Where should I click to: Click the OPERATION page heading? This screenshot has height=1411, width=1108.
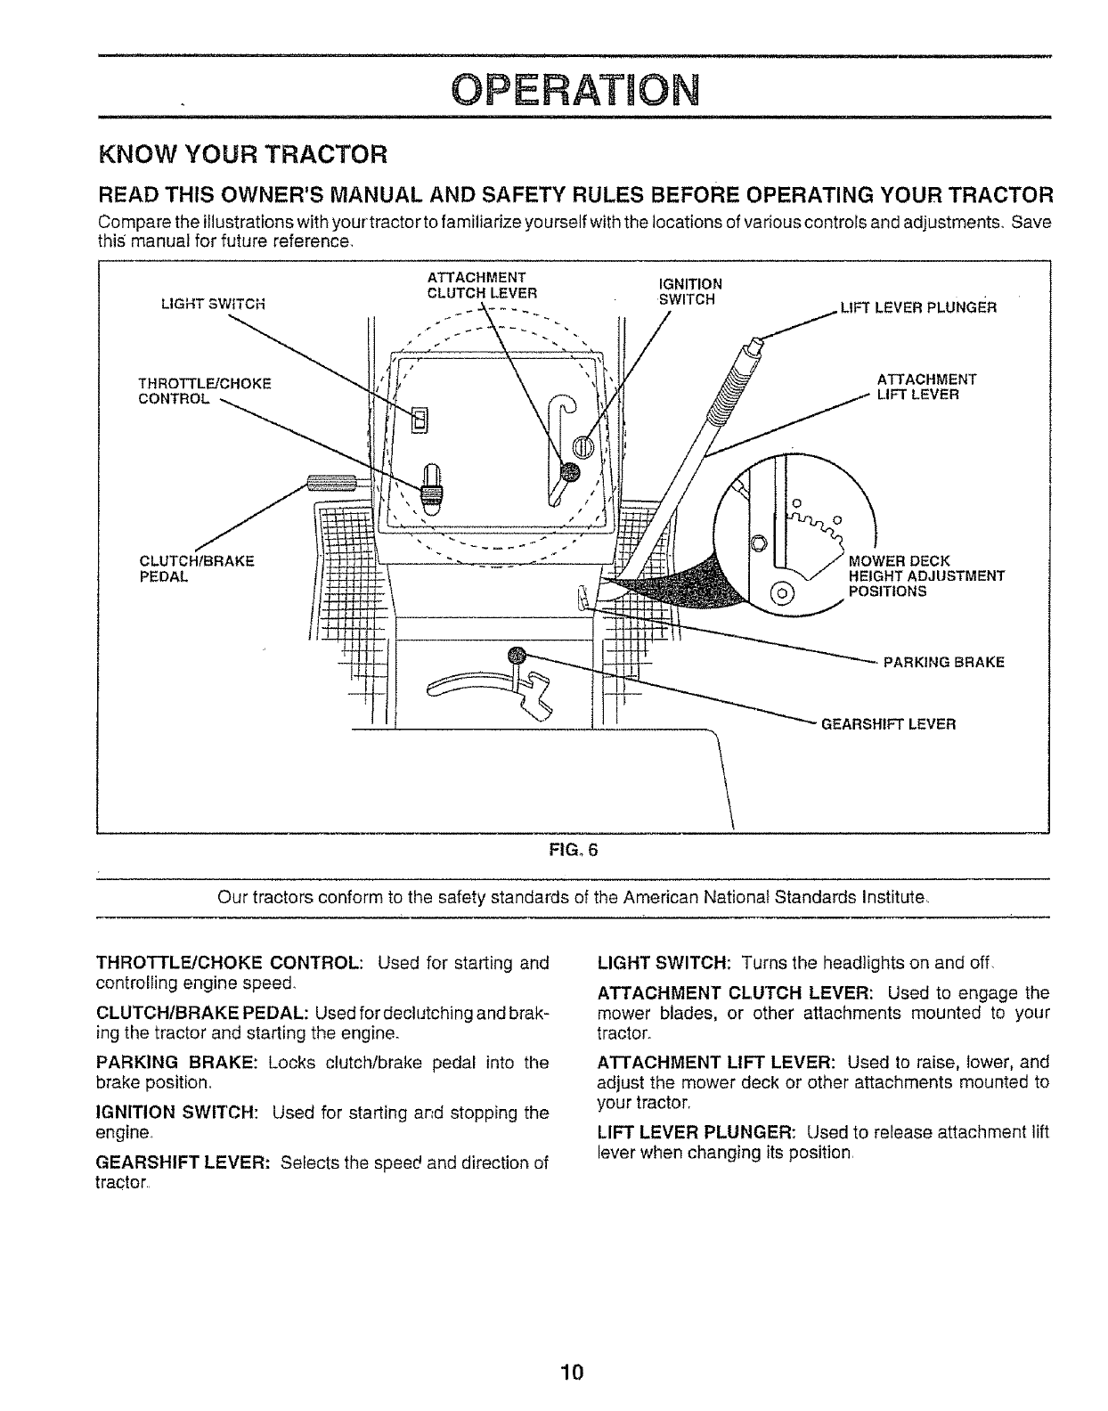click(x=574, y=89)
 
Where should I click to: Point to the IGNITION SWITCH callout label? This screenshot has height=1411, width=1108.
click(x=689, y=291)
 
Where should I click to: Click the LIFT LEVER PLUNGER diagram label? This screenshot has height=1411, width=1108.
click(x=917, y=308)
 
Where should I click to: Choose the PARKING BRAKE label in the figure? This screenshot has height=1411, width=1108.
click(x=943, y=662)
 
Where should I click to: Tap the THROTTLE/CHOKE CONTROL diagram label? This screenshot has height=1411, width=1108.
click(x=204, y=391)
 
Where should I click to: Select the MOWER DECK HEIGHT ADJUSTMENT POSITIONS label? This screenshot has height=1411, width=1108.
click(x=926, y=575)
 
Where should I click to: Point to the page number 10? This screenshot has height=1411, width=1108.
click(x=571, y=1371)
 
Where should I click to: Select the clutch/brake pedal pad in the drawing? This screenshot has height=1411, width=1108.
click(x=331, y=484)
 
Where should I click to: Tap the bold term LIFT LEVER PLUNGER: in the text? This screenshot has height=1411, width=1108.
click(x=697, y=1133)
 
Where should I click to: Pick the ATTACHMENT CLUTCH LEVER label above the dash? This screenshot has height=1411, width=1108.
click(x=481, y=283)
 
